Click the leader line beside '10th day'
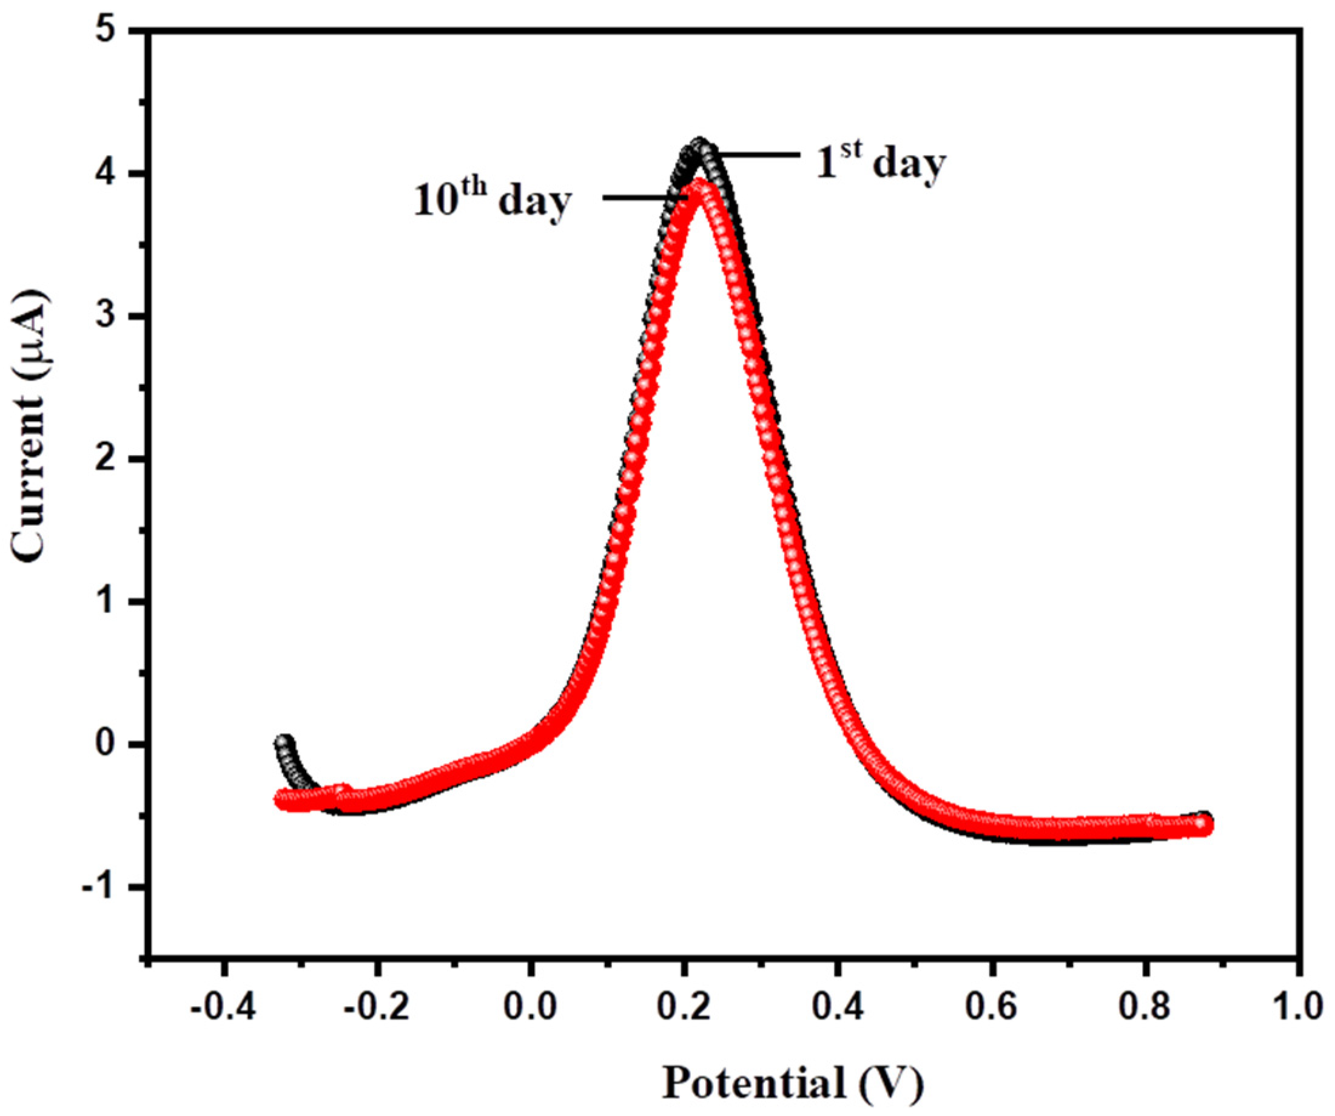coord(642,198)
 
